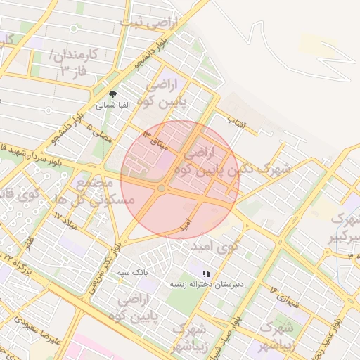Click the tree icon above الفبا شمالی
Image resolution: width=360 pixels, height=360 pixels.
pos(112,94)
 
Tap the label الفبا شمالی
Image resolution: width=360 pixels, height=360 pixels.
pos(112,105)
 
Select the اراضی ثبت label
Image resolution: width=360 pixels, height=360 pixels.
pos(149,22)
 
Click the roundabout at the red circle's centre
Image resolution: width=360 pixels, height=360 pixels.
pos(162,188)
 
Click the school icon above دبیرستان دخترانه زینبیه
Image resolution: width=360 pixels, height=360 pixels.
pos(205,274)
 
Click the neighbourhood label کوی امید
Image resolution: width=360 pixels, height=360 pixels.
pos(217,247)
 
